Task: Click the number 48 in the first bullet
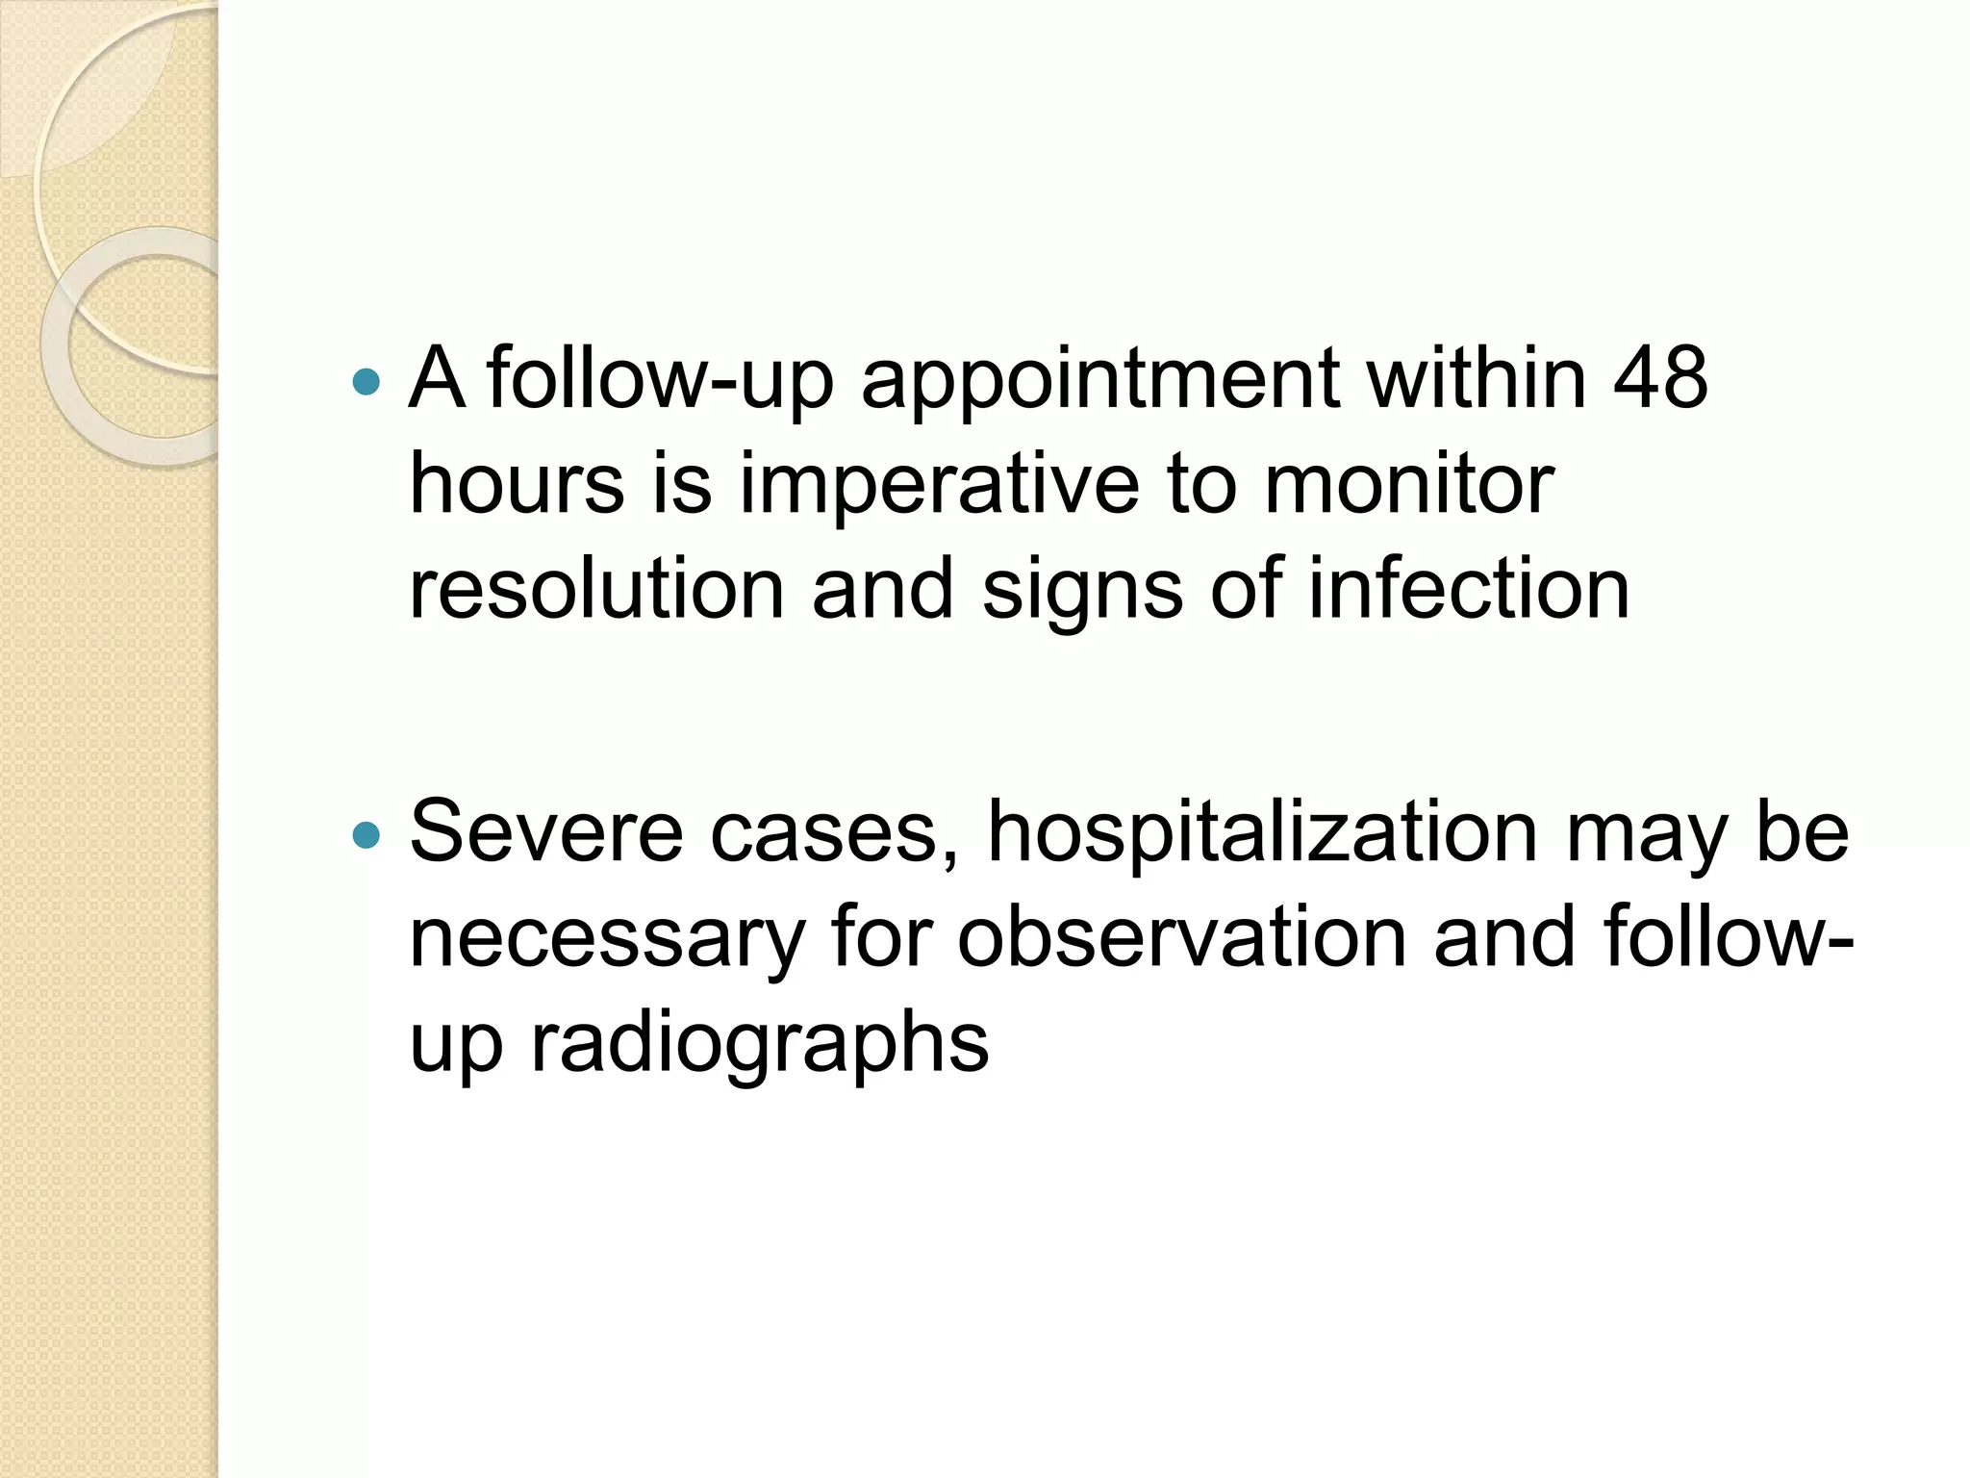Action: (x=1660, y=378)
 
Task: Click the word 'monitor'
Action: (x=1408, y=484)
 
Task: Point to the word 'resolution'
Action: (x=596, y=589)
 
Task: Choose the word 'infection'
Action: (x=1469, y=589)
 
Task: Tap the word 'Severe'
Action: (x=546, y=831)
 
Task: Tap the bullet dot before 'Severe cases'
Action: (x=366, y=834)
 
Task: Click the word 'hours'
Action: (x=518, y=484)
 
